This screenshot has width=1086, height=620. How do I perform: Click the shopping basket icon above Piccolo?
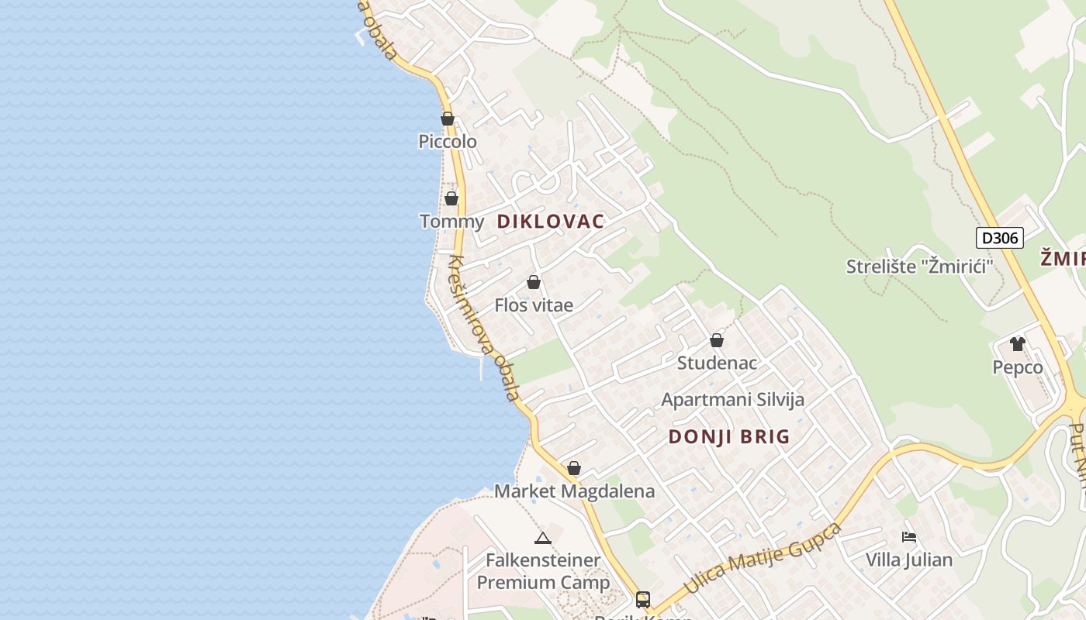click(448, 119)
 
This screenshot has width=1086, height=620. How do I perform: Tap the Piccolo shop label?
click(448, 142)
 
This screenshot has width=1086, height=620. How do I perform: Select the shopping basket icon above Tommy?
click(451, 198)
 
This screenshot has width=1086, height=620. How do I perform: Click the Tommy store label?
click(451, 222)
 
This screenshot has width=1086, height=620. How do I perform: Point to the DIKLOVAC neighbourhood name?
click(551, 222)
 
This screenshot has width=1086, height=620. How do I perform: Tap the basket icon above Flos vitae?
click(534, 282)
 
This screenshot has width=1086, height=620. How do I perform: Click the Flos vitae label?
click(534, 305)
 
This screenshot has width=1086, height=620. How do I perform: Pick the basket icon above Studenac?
click(717, 340)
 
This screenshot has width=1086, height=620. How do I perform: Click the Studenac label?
click(717, 363)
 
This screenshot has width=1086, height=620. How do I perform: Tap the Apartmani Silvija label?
click(732, 400)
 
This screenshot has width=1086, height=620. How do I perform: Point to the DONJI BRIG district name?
click(729, 437)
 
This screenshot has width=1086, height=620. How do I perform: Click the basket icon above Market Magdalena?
click(574, 468)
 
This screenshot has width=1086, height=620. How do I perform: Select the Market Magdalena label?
click(574, 491)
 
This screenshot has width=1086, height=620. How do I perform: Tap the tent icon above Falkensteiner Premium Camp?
click(543, 537)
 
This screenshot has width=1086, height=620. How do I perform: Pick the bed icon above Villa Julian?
click(909, 536)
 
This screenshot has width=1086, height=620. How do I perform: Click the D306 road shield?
click(999, 238)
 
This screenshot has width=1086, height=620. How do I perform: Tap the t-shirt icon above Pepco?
click(1018, 344)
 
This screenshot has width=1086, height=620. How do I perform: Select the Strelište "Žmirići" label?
click(920, 267)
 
